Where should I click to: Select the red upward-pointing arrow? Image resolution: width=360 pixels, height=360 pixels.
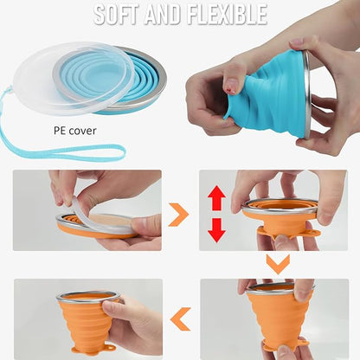[x=216, y=199]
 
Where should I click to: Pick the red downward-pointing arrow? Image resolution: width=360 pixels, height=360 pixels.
[x=216, y=229]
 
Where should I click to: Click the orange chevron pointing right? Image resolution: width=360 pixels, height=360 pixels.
[x=177, y=214]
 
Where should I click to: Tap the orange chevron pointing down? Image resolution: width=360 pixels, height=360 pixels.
[x=276, y=262]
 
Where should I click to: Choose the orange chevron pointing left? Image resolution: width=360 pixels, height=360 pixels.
[x=180, y=320]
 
